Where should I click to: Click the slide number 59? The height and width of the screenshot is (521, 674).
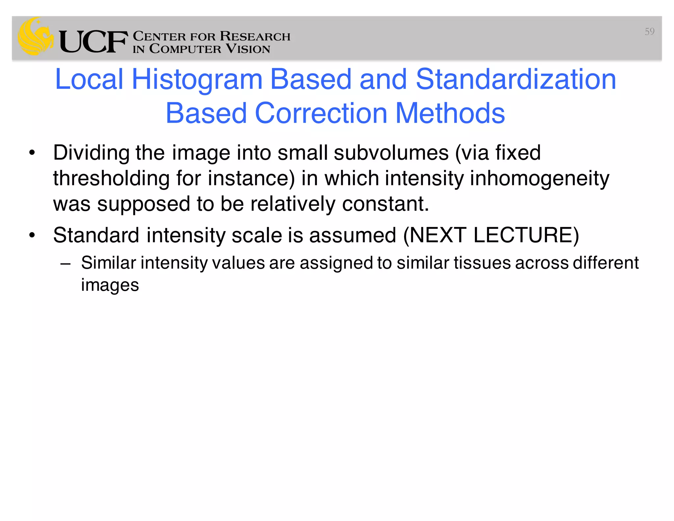[x=649, y=32]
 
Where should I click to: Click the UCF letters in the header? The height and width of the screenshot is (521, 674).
[x=93, y=41]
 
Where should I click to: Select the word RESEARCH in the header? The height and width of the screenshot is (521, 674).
[x=255, y=36]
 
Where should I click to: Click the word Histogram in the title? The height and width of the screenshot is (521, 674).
[x=197, y=79]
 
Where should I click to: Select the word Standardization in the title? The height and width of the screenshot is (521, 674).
[x=516, y=79]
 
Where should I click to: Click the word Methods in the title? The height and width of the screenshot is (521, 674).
[x=450, y=113]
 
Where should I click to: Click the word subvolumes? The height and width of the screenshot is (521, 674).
[x=391, y=153]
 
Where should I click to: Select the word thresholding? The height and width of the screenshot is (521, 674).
[x=111, y=178]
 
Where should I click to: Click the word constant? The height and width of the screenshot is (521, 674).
[x=385, y=204]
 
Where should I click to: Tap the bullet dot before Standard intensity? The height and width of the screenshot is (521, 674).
[x=32, y=235]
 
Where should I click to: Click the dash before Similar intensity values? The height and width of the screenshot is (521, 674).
[x=65, y=263]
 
